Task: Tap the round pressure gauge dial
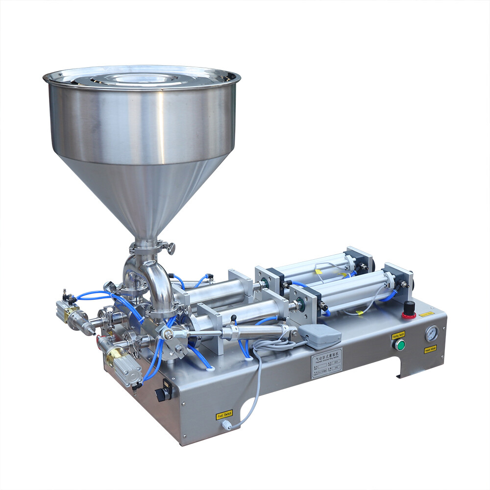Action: pyautogui.click(x=432, y=334)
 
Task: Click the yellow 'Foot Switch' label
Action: pyautogui.click(x=224, y=415)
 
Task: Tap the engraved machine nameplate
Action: pyautogui.click(x=326, y=363)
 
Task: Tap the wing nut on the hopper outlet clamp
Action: pyautogui.click(x=171, y=248)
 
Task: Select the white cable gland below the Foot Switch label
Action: pyautogui.click(x=226, y=425)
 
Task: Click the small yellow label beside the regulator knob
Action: pyautogui.click(x=426, y=313)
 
